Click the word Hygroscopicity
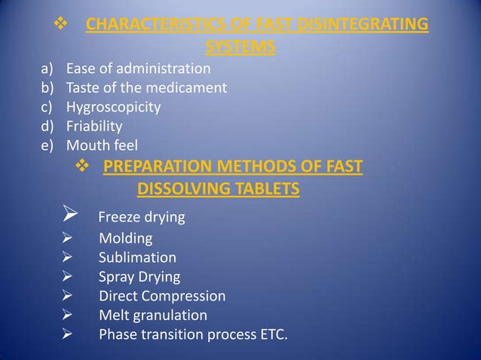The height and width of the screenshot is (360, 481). pyautogui.click(x=113, y=107)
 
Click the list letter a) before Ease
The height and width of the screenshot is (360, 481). pyautogui.click(x=48, y=69)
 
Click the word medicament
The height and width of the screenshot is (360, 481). pyautogui.click(x=186, y=87)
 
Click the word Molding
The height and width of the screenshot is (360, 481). pyautogui.click(x=125, y=239)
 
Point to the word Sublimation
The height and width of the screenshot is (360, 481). pyautogui.click(x=137, y=258)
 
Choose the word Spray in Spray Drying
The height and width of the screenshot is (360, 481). pyautogui.click(x=117, y=276)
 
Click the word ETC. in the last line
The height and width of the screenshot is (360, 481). pyautogui.click(x=272, y=334)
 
